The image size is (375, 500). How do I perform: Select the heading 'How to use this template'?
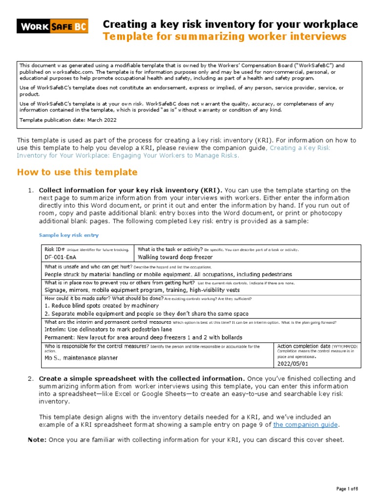tap(77, 172)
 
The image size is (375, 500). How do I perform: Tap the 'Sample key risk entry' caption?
tap(68, 235)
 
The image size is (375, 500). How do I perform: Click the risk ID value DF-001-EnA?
tap(60, 257)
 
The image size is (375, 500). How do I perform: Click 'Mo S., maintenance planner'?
tap(81, 358)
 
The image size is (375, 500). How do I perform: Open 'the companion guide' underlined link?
tap(305, 425)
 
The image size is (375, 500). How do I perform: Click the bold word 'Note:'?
tap(37, 440)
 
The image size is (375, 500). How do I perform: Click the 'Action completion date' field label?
tap(303, 346)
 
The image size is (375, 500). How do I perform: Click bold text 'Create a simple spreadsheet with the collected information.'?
tap(142, 378)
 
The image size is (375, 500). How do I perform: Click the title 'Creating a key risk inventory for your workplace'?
tap(229, 24)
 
